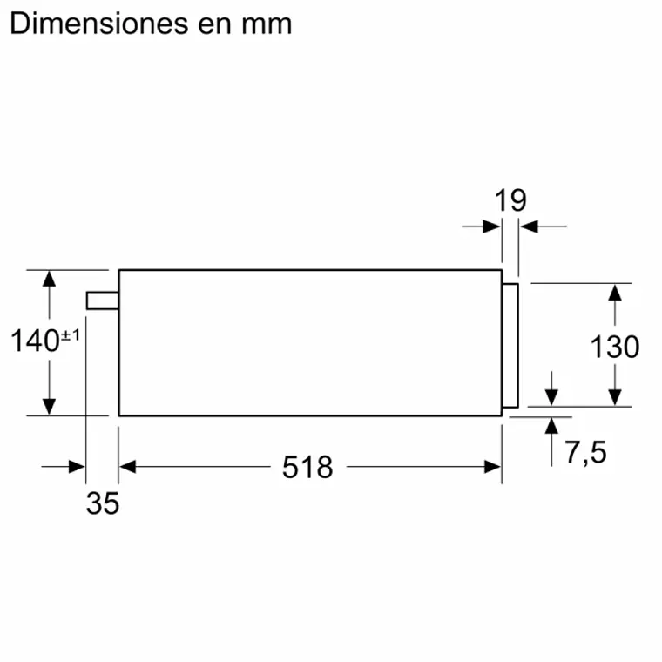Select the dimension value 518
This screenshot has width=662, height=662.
[307, 468]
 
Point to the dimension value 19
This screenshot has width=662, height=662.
[510, 201]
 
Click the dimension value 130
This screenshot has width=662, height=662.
[615, 347]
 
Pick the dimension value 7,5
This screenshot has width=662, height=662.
[584, 453]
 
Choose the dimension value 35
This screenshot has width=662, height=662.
[102, 503]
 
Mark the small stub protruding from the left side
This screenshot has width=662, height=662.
[102, 300]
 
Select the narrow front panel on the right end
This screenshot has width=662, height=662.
[510, 346]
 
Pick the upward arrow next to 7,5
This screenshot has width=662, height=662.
[551, 427]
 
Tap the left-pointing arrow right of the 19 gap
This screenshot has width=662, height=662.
[529, 226]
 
